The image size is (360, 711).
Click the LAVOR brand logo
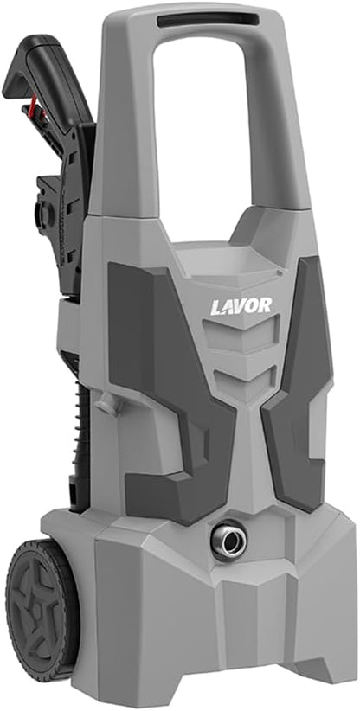click(x=241, y=306)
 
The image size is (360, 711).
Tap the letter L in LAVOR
click(x=216, y=307)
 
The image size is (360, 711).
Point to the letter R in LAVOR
click(x=266, y=305)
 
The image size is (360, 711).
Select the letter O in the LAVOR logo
click(x=252, y=305)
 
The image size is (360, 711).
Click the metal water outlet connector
click(x=229, y=540)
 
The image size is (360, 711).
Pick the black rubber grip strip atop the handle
click(x=209, y=21)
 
